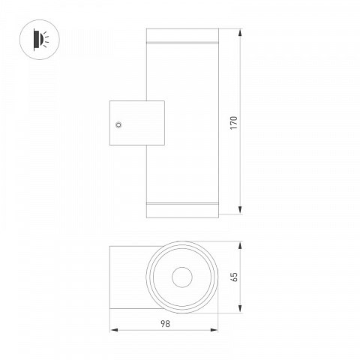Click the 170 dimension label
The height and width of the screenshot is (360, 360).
[x=234, y=123]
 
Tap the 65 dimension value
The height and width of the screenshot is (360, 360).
[x=235, y=277]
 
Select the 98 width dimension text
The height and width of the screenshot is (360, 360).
[x=165, y=324]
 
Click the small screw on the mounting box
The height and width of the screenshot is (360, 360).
[x=118, y=124]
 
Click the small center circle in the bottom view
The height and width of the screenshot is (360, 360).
[x=182, y=277]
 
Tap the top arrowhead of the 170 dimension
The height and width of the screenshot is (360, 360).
[x=240, y=33]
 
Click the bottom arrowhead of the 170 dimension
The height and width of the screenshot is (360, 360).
[x=240, y=209]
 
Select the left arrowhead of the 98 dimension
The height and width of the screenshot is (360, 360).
[x=114, y=330]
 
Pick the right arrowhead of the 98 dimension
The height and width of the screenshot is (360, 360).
[x=214, y=330]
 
